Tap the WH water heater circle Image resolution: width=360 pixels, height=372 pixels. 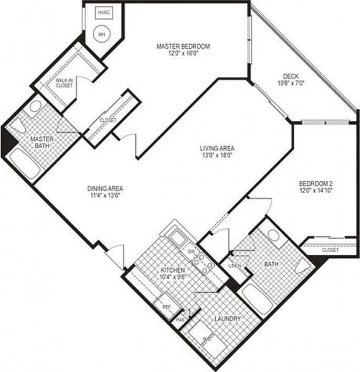(101, 33)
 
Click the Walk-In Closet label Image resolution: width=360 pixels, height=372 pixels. (65, 82)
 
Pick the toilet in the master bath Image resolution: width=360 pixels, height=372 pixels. (19, 125)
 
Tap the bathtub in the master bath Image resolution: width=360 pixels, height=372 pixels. (25, 163)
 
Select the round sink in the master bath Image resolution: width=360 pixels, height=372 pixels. (36, 106)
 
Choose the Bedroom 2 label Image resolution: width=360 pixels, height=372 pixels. (316, 183)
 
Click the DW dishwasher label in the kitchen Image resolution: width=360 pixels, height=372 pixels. (191, 252)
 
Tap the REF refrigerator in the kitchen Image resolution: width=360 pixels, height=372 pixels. (166, 307)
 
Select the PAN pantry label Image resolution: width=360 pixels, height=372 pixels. (181, 319)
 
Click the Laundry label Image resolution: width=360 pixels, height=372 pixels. (227, 318)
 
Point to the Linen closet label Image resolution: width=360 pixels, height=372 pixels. (234, 266)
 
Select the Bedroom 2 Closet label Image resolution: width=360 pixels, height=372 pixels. (330, 250)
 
